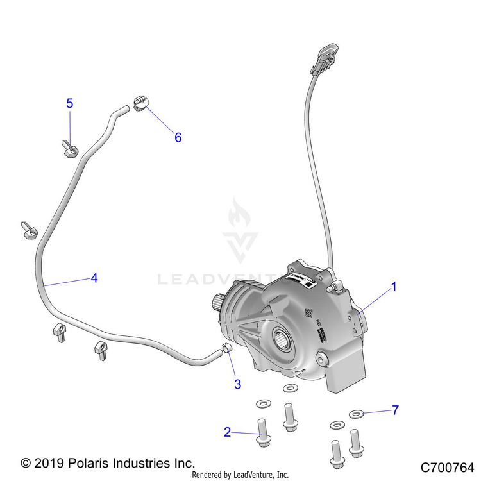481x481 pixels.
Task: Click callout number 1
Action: click(x=394, y=287)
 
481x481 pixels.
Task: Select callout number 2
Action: click(x=227, y=432)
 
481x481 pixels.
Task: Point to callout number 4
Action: click(x=94, y=278)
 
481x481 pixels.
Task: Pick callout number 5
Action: click(x=70, y=103)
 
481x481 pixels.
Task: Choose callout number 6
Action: click(x=178, y=137)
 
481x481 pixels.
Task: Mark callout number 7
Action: click(x=396, y=409)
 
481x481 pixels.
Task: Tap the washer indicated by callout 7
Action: click(x=357, y=414)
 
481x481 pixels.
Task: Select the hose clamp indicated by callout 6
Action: click(x=140, y=103)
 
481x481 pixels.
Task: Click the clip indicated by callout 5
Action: click(x=70, y=149)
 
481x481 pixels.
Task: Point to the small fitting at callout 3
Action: click(x=225, y=349)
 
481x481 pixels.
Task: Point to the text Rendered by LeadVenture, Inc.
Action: click(x=240, y=475)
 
